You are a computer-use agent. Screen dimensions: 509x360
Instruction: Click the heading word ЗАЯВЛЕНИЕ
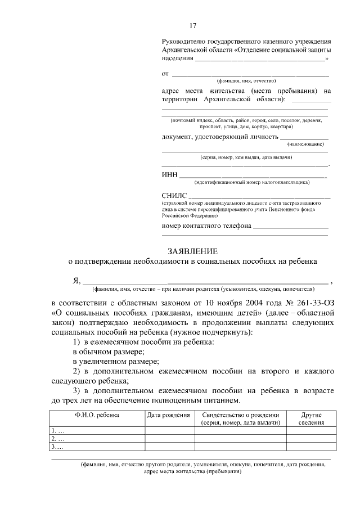click(x=192, y=251)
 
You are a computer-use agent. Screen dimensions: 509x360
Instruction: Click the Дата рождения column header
click(x=168, y=415)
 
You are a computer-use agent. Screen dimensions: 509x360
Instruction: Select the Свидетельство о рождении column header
click(x=241, y=415)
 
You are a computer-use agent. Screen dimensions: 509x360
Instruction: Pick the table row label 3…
click(x=57, y=447)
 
